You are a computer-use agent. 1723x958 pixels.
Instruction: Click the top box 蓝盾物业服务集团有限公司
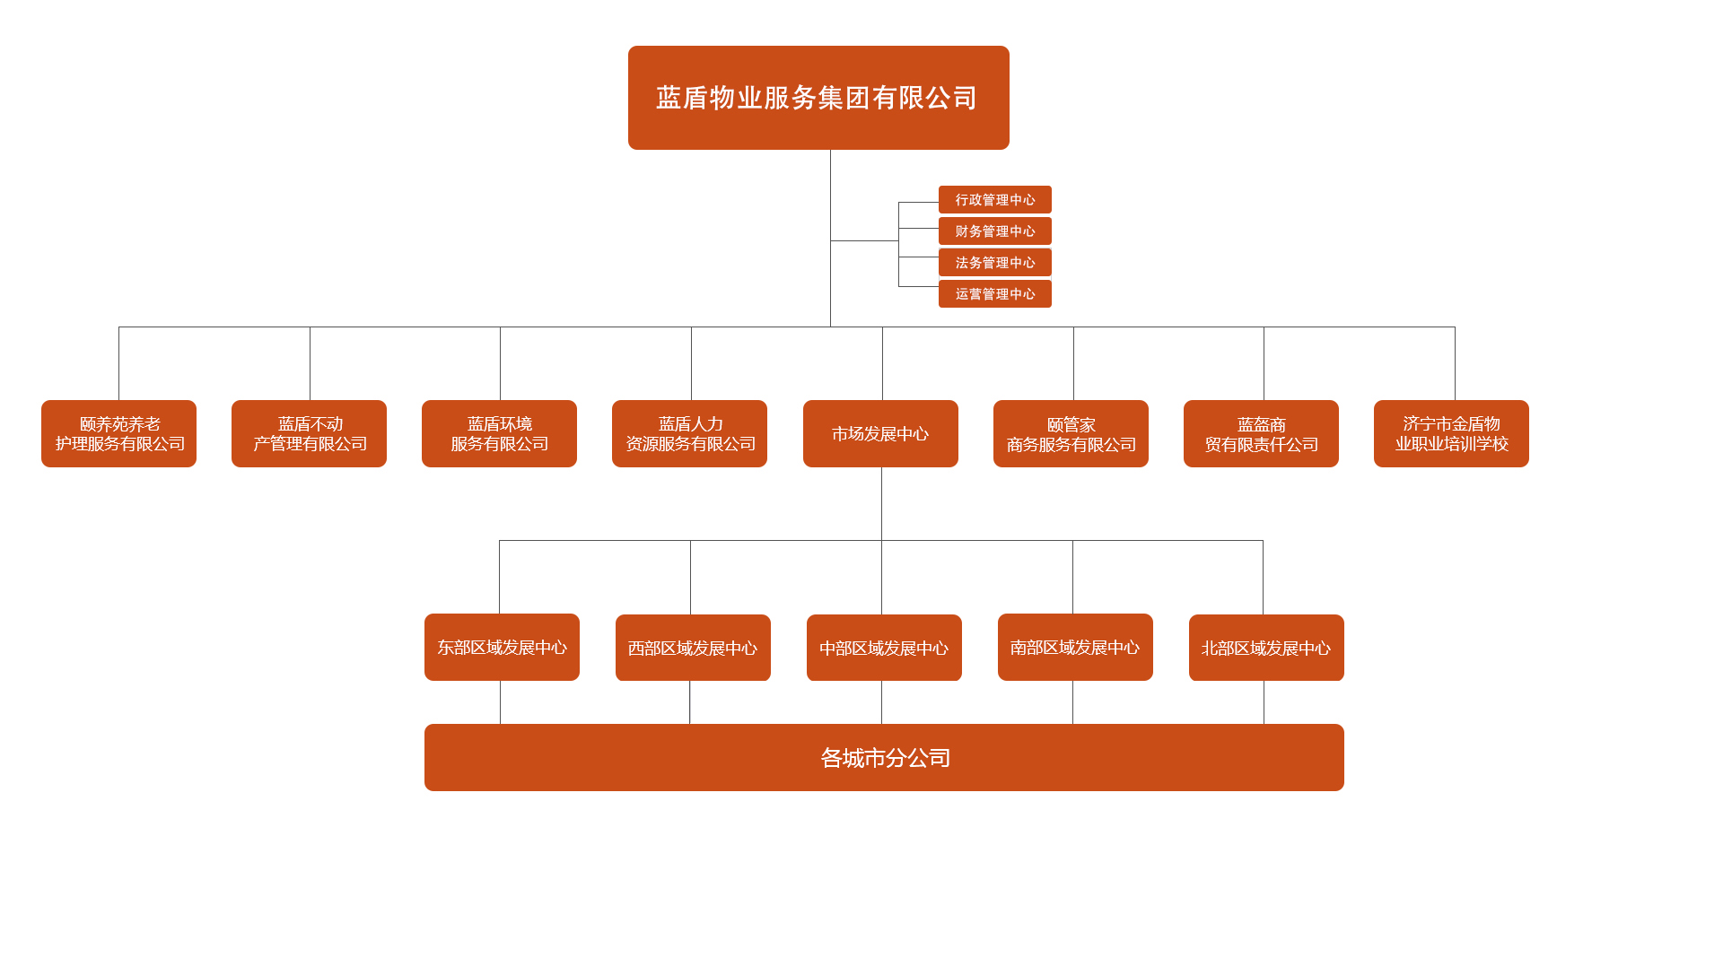818,98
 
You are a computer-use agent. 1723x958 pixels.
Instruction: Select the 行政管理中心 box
994,200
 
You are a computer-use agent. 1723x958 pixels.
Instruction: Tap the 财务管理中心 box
994,231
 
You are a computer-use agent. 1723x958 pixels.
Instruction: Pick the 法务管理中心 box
994,263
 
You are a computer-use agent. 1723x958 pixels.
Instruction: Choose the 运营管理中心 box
994,294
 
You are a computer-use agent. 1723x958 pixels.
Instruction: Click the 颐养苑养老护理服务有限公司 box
118,434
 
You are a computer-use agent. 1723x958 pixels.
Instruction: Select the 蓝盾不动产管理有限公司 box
309,434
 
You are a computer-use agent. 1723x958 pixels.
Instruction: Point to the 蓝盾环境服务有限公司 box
499,434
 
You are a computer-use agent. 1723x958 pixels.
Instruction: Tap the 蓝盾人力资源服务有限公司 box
689,434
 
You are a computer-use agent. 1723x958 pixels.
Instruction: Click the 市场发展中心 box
880,434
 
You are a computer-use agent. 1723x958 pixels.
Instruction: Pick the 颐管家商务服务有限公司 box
1071,434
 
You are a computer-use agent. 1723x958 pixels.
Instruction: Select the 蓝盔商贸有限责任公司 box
1261,434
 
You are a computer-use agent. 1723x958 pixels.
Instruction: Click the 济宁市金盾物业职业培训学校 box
1451,434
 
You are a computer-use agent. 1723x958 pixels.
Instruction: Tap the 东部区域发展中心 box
502,648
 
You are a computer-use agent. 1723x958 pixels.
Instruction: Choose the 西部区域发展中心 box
693,648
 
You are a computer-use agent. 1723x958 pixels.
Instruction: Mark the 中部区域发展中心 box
884,648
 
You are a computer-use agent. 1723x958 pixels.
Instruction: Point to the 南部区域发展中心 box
1075,648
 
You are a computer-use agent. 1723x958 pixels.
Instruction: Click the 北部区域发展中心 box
1266,648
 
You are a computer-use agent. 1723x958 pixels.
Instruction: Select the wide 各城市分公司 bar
884,758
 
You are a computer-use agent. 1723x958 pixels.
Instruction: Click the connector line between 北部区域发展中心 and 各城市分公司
1264,702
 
